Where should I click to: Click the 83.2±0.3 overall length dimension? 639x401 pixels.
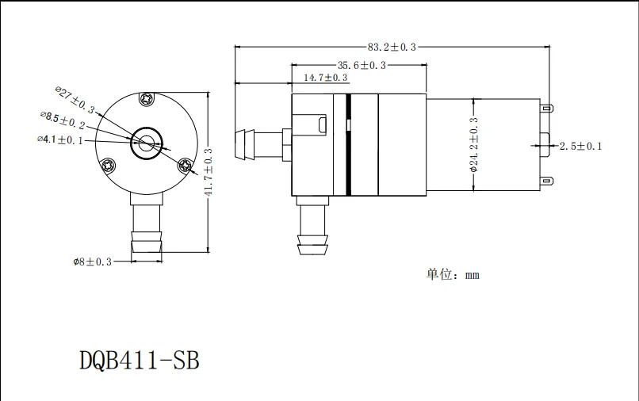click(x=392, y=48)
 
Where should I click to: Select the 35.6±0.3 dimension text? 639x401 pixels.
click(x=362, y=65)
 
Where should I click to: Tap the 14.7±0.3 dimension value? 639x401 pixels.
click(x=326, y=78)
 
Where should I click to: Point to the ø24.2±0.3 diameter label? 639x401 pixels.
click(x=474, y=144)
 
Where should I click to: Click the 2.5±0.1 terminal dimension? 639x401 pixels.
click(x=581, y=147)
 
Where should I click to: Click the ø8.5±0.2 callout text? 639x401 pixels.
click(x=63, y=120)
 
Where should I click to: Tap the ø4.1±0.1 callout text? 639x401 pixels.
click(x=59, y=139)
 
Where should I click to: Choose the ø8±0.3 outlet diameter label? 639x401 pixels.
click(x=93, y=261)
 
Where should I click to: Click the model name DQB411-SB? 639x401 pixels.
click(x=140, y=361)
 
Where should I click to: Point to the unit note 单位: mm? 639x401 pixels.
click(x=453, y=275)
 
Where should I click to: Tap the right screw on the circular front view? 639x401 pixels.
click(x=186, y=165)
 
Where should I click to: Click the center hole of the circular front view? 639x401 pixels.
click(x=147, y=143)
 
